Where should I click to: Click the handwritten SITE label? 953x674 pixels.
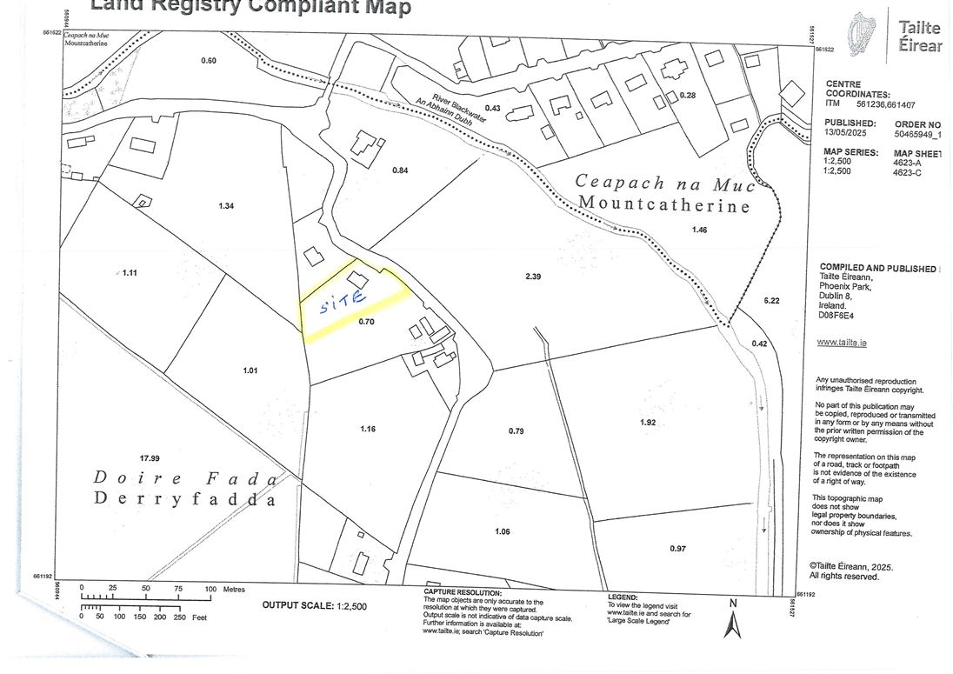coord(343,304)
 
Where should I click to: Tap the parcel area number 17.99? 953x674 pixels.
coord(150,457)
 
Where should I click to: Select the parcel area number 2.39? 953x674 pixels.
coord(534,276)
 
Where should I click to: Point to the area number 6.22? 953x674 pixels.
coord(771,300)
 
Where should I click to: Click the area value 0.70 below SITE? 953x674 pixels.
coord(365,321)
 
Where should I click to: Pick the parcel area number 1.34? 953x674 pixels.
coord(227,205)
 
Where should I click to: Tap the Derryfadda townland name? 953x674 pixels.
coord(184,500)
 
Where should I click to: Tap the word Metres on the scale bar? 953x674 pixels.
coord(234,589)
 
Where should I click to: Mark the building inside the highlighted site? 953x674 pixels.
coord(357,278)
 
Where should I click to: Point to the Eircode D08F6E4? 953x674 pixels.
coord(837,316)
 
